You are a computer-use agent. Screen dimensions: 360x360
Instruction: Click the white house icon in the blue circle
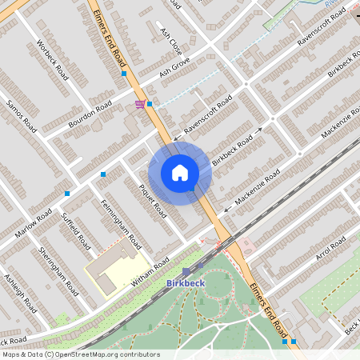point(180,173)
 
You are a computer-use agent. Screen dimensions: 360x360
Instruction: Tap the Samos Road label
point(22,116)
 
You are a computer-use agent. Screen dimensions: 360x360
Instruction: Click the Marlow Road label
point(34,223)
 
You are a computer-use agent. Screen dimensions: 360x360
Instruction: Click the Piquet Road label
point(153,201)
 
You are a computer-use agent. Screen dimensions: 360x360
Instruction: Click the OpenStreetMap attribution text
point(80,354)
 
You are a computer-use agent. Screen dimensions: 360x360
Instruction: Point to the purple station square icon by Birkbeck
point(186,272)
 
